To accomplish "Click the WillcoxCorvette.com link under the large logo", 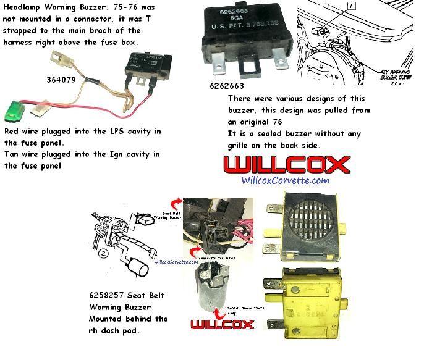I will coord(285,180).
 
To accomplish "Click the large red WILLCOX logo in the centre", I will coord(286,164).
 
